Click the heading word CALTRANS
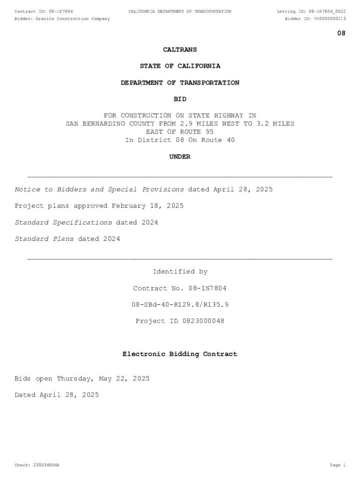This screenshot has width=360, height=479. tap(180, 50)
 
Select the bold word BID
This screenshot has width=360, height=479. tap(180, 99)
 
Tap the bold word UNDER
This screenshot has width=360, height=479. tap(180, 157)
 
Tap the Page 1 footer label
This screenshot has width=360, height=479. tap(338, 465)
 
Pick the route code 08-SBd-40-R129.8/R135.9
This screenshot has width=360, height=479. tap(180, 305)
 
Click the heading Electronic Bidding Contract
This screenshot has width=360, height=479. tap(180, 354)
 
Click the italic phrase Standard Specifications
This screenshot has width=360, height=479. tap(64, 222)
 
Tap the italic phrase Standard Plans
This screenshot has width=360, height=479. tap(44, 239)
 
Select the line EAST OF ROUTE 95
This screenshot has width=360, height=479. tap(180, 132)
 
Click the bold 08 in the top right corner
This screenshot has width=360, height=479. tap(341, 33)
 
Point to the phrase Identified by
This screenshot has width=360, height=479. tap(180, 272)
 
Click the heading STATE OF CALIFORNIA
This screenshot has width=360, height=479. tap(180, 66)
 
